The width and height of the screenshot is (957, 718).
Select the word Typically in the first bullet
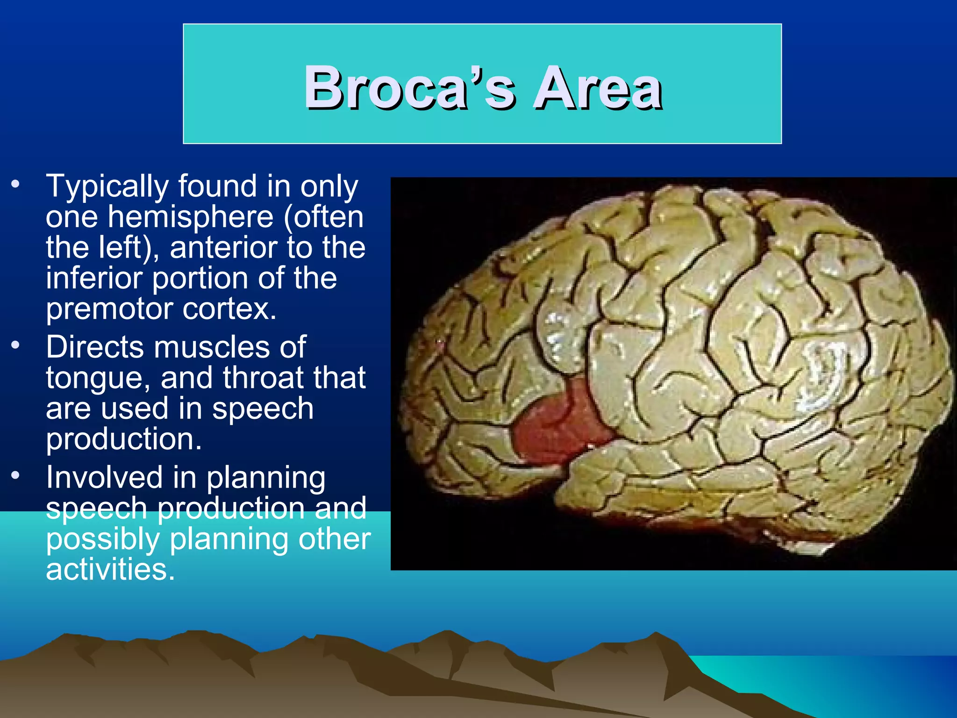coord(107,187)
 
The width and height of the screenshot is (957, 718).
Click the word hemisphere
coord(191,217)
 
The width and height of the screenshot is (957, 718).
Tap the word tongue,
coord(99,378)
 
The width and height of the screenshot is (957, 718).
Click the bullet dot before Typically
coord(16,183)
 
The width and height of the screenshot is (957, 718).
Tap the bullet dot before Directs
coord(16,345)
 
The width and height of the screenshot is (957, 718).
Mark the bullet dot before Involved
coord(16,475)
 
